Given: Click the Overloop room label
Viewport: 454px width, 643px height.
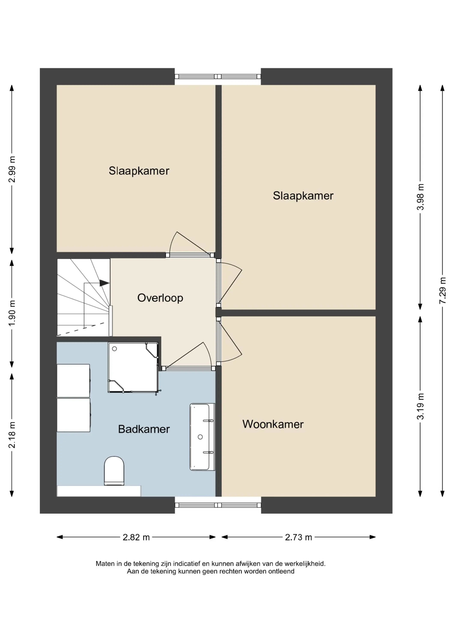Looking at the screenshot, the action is click(160, 298).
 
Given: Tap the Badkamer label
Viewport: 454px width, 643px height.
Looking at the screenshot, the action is click(144, 429).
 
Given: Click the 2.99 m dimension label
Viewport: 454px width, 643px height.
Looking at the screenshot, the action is click(12, 169).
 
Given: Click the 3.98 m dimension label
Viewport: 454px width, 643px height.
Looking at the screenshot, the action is click(420, 197).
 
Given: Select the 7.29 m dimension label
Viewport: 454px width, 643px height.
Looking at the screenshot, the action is click(442, 290).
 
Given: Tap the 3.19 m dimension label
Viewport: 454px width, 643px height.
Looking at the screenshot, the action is click(420, 406).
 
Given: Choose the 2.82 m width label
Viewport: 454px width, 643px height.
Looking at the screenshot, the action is click(136, 537).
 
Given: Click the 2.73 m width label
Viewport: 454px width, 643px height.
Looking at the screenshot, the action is click(298, 537).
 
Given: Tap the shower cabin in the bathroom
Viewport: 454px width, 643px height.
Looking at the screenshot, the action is click(133, 367).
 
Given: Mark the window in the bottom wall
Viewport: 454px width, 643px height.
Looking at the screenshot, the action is click(218, 505).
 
